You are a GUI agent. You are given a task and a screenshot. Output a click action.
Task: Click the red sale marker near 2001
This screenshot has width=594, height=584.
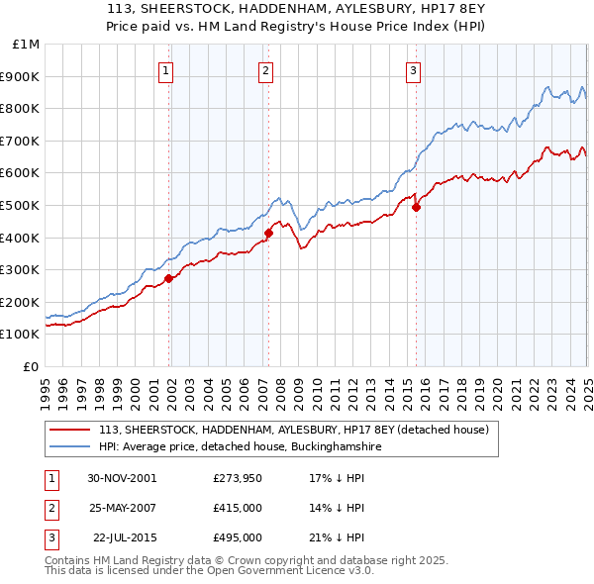tap(168, 278)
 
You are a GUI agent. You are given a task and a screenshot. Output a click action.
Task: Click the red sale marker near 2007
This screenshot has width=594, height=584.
tap(267, 233)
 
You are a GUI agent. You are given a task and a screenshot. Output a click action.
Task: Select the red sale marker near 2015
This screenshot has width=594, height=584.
tap(416, 207)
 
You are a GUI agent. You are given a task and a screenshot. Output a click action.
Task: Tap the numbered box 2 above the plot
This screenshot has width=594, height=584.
tap(267, 69)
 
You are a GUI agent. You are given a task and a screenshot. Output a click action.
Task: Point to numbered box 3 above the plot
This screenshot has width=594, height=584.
tap(413, 69)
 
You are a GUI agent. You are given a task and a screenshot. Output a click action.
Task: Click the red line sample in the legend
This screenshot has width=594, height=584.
tap(69, 431)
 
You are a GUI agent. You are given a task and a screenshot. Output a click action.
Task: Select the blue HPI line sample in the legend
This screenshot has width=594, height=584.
tap(69, 447)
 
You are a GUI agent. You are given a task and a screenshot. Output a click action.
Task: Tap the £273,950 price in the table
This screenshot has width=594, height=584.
tap(237, 478)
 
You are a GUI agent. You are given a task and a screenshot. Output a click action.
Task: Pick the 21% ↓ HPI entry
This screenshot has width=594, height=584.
tap(340, 537)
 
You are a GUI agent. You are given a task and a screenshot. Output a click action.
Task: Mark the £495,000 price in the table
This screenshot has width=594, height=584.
tap(237, 537)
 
